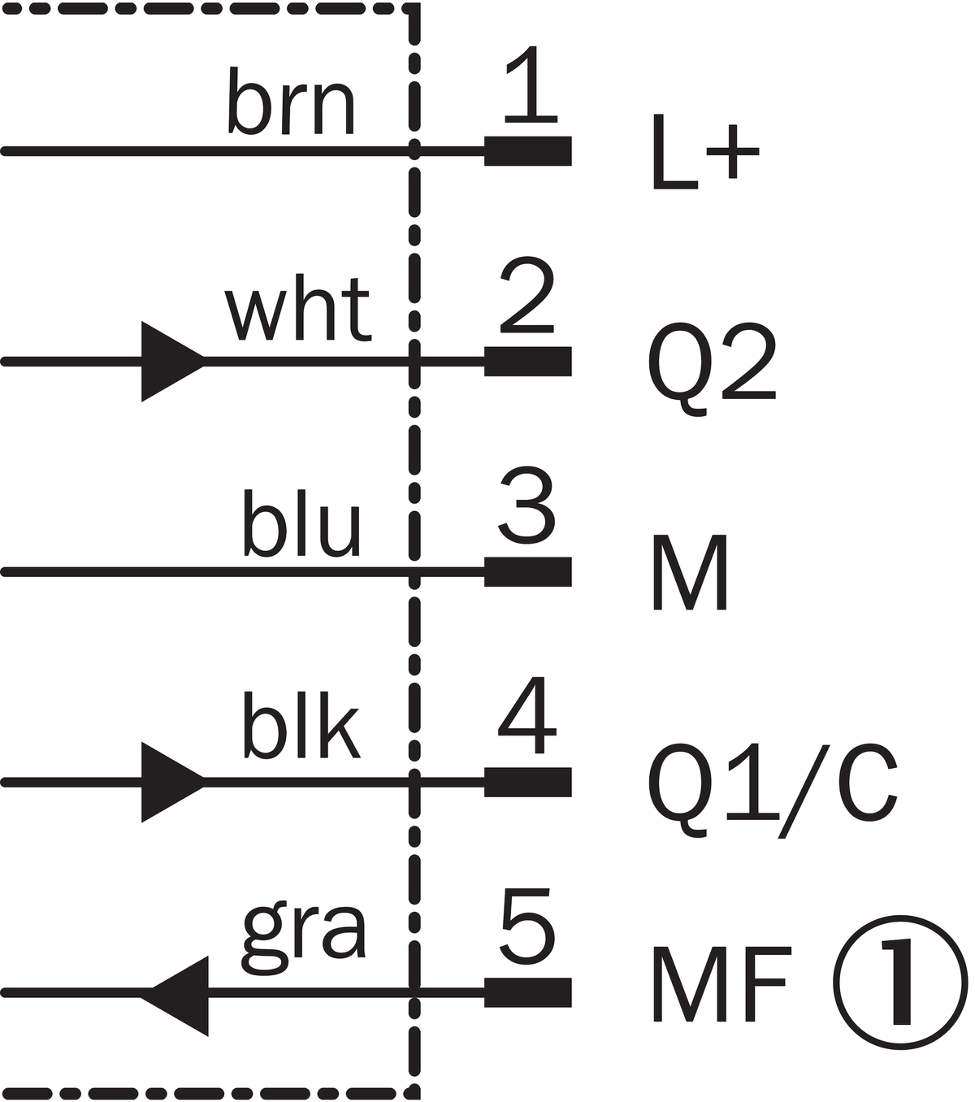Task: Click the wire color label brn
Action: point(292,101)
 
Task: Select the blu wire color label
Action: point(301,523)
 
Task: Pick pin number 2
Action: point(527,295)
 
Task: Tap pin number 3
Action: point(527,505)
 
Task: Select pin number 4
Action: point(527,716)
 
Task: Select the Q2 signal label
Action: point(712,370)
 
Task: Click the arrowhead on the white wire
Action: point(173,362)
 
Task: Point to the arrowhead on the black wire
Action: point(173,782)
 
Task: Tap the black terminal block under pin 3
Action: point(528,571)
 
